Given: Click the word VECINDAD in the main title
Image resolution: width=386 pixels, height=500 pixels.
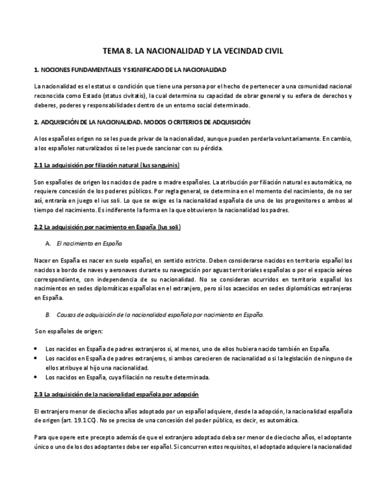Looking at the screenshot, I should click(232, 51).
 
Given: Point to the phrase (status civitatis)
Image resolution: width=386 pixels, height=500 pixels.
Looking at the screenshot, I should click(125, 96).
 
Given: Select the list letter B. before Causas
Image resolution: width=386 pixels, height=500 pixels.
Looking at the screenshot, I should click(48, 315).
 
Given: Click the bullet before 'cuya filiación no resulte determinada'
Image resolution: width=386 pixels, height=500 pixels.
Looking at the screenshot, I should click(37, 377).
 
